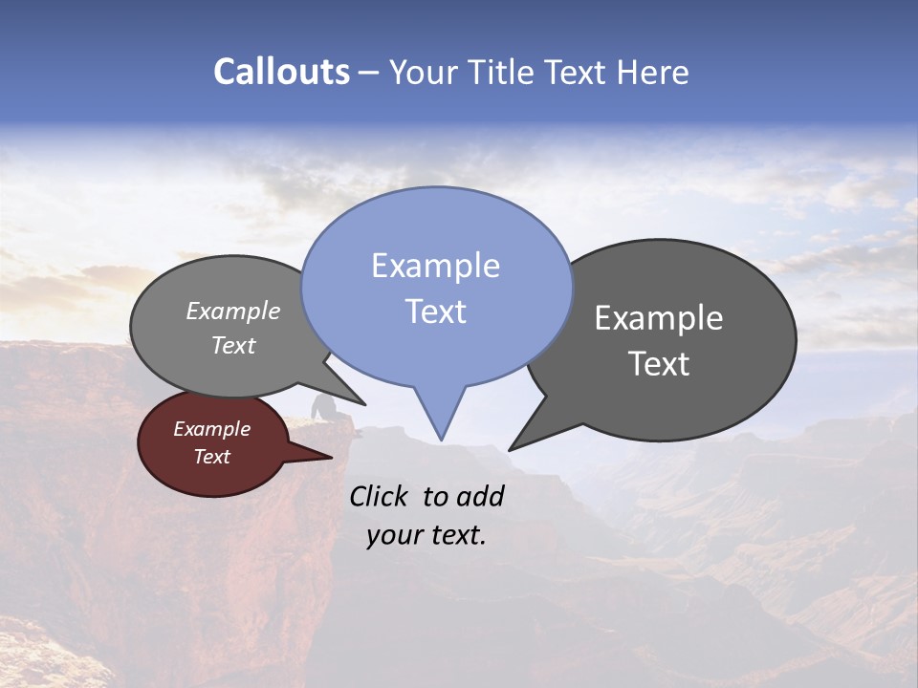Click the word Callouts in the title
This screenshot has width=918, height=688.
281,73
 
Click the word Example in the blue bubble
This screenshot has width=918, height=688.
435,266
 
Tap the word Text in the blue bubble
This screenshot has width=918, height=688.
435,312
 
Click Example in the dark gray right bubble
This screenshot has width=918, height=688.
659,318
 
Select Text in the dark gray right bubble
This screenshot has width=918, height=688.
659,364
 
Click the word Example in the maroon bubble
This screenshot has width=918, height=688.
211,429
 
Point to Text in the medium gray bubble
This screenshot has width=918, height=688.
232,345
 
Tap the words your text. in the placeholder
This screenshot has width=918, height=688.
426,535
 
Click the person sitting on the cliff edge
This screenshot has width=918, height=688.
324,408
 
